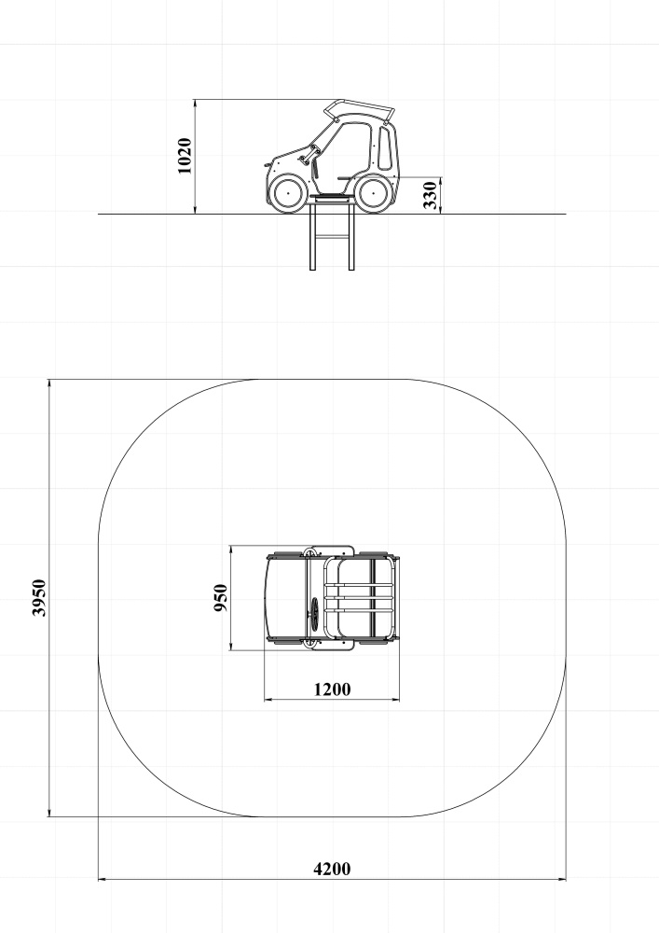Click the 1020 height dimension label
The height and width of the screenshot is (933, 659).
click(185, 156)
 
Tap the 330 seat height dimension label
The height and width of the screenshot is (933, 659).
click(431, 195)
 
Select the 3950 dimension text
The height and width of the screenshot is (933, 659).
click(38, 597)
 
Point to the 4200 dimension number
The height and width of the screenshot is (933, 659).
click(332, 869)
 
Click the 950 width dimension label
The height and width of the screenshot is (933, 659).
click(221, 597)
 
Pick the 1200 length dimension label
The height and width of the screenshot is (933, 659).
click(332, 689)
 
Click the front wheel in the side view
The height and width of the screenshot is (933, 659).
click(288, 193)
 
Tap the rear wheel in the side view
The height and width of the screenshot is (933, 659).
click(373, 193)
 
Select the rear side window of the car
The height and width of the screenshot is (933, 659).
click(386, 147)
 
